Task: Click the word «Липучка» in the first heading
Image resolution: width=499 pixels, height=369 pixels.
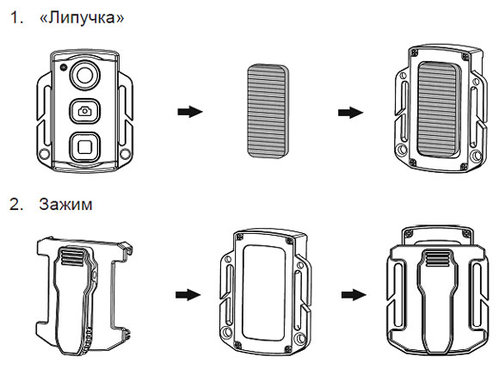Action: tap(82, 17)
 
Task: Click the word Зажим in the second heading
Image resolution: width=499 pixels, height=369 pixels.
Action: tap(65, 204)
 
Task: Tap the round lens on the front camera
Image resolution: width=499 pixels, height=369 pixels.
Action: tap(85, 75)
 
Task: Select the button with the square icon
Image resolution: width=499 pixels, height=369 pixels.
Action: tap(85, 147)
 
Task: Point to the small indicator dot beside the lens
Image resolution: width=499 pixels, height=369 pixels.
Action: tap(64, 67)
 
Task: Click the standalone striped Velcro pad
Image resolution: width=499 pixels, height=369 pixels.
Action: tap(268, 111)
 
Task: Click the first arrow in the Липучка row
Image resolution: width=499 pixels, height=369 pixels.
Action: tap(190, 112)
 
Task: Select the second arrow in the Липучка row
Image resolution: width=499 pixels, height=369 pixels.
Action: tap(350, 113)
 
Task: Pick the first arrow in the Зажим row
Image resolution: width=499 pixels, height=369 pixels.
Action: tap(188, 294)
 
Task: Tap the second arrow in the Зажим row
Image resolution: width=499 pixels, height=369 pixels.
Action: tap(354, 294)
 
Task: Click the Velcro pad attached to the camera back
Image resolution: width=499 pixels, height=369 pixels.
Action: tap(439, 109)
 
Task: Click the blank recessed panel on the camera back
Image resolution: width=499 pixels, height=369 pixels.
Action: tap(263, 292)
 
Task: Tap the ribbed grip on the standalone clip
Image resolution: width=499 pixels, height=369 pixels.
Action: tap(73, 256)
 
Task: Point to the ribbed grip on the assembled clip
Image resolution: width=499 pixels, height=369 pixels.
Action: tap(438, 258)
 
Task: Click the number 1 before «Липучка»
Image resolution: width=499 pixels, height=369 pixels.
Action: tap(15, 18)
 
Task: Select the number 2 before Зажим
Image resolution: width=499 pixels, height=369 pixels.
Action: tap(15, 204)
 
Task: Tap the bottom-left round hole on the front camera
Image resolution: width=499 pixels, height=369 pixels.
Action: tap(44, 154)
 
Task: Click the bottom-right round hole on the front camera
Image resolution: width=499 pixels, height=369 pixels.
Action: tap(126, 154)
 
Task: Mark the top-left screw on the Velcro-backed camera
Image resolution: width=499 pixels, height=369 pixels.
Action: tap(415, 51)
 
